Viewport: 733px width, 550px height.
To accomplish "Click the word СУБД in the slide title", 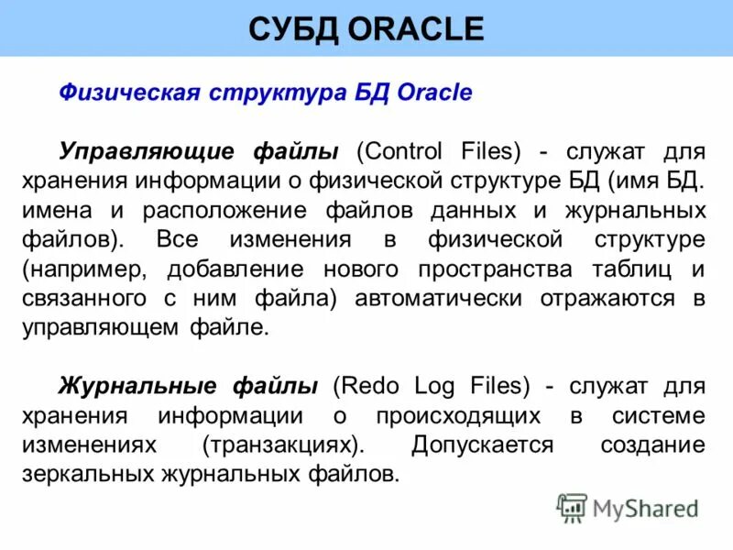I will (292, 29).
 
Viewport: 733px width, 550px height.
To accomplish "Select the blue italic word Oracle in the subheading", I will (434, 93).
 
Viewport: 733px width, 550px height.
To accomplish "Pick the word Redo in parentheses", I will (366, 387).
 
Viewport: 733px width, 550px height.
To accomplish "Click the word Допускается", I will (482, 445).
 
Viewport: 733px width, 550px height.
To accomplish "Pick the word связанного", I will (97, 299).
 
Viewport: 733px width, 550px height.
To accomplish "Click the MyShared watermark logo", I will (629, 508).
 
